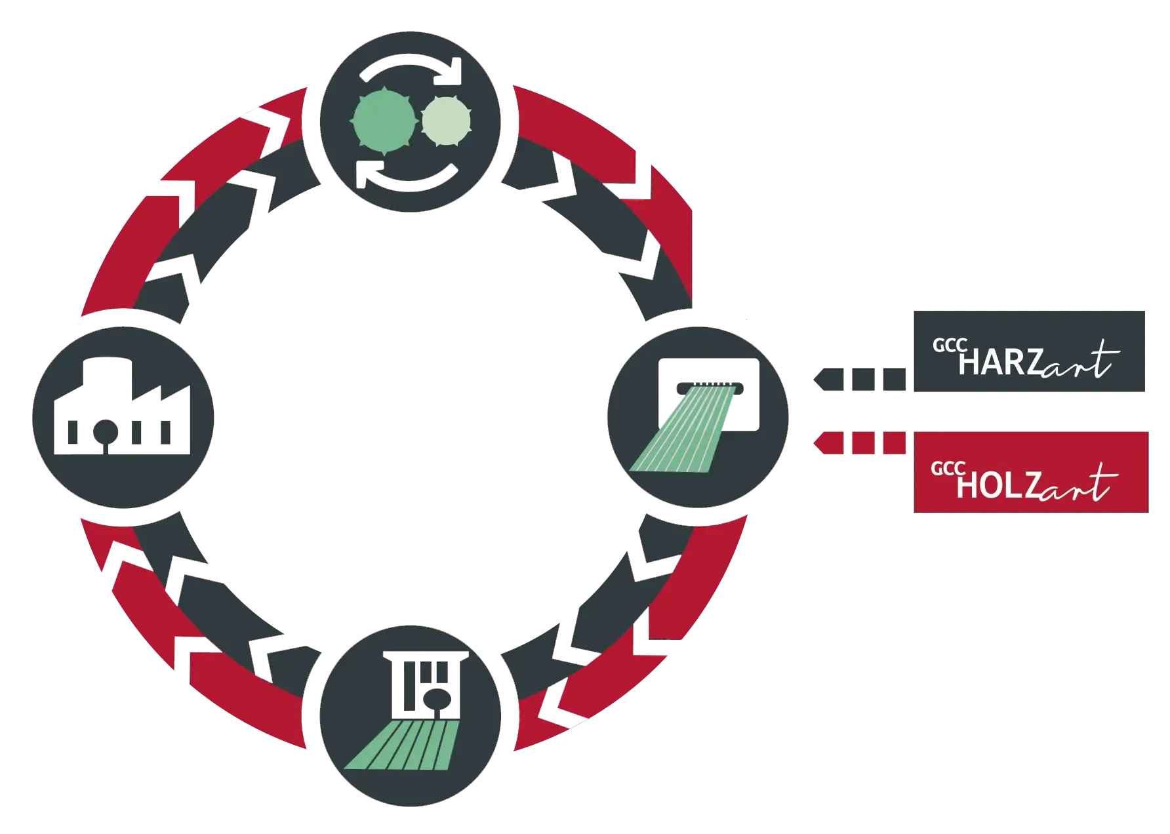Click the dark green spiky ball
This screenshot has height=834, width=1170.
pos(384,121)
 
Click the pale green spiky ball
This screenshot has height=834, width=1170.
pos(447,121)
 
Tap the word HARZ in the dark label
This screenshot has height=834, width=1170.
pos(1001,363)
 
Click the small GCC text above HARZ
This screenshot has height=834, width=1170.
pos(950,345)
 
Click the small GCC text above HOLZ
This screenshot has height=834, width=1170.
pos(948,468)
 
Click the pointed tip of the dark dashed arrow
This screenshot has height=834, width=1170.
pos(813,379)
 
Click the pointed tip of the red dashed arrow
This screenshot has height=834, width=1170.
pos(813,443)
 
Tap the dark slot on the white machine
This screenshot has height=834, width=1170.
pos(710,388)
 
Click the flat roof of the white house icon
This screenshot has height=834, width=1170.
pos(426,656)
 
